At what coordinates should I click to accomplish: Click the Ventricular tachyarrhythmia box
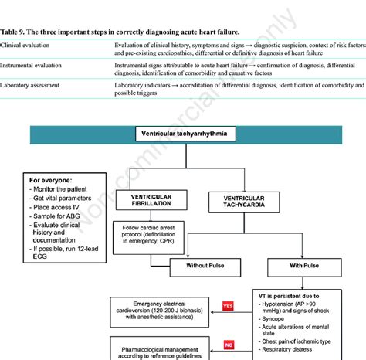[x=184, y=134]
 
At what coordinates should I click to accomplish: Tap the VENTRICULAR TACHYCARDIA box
[x=239, y=203]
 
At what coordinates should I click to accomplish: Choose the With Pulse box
[x=283, y=264]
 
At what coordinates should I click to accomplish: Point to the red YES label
[x=229, y=305]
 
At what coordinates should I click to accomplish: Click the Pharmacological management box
[x=160, y=348]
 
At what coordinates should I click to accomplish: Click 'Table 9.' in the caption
[x=15, y=32]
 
